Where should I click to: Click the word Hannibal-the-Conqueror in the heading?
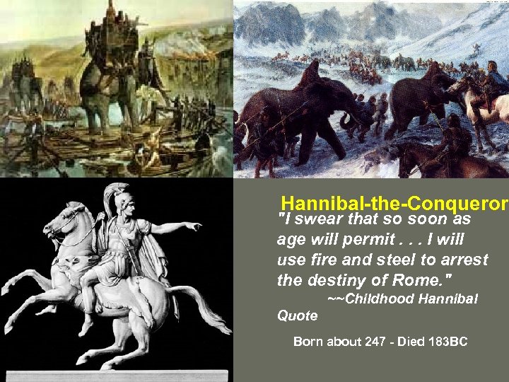point(394,204)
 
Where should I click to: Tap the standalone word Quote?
point(297,316)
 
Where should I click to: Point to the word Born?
point(308,342)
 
